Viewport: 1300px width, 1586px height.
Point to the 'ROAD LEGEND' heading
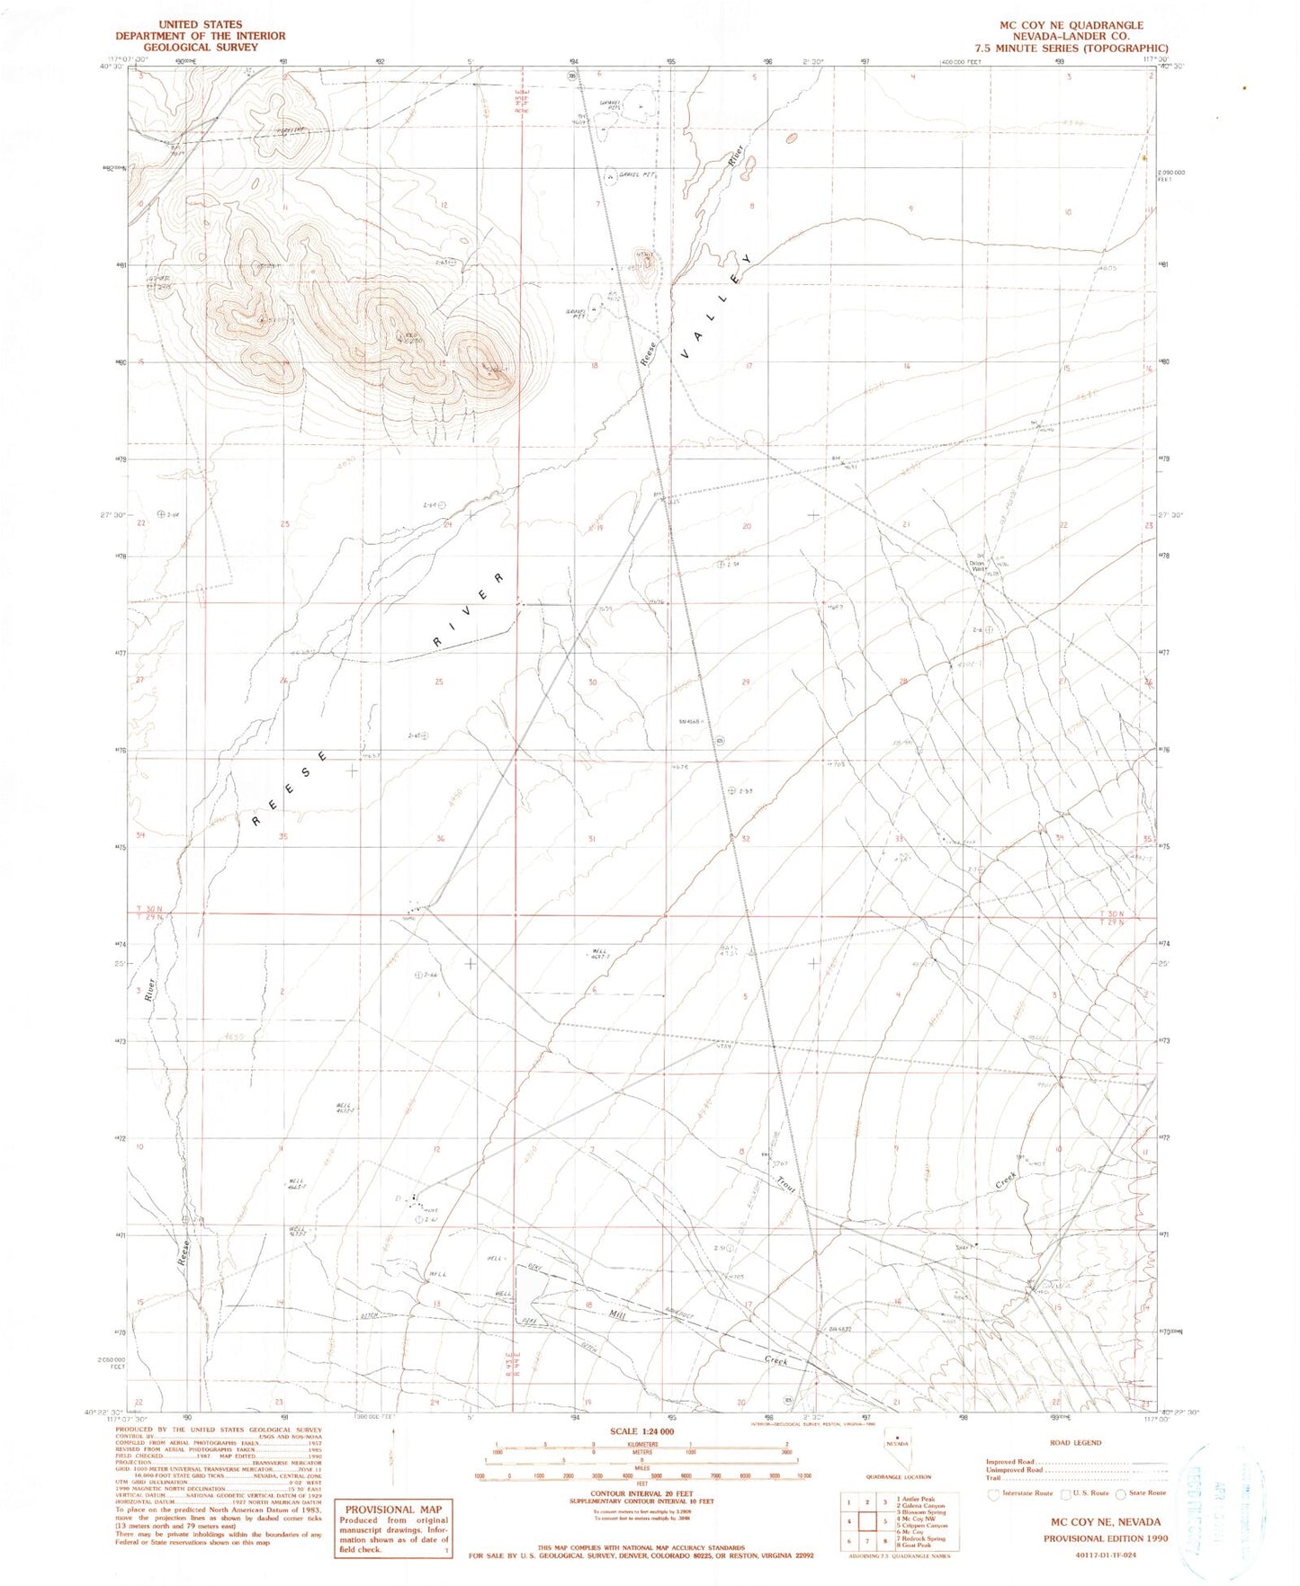tap(1075, 1442)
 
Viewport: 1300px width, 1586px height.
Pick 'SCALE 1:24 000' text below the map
tap(641, 1431)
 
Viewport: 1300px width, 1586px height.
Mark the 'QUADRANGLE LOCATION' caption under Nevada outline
tap(899, 1476)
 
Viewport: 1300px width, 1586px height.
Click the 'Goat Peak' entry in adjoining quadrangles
tap(914, 1546)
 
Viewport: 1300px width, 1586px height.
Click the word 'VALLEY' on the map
tap(715, 306)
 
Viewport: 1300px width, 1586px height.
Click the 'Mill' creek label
tap(617, 1314)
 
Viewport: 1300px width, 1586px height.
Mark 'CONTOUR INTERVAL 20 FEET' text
tap(641, 1493)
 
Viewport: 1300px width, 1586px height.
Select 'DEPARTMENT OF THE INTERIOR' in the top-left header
tap(200, 36)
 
